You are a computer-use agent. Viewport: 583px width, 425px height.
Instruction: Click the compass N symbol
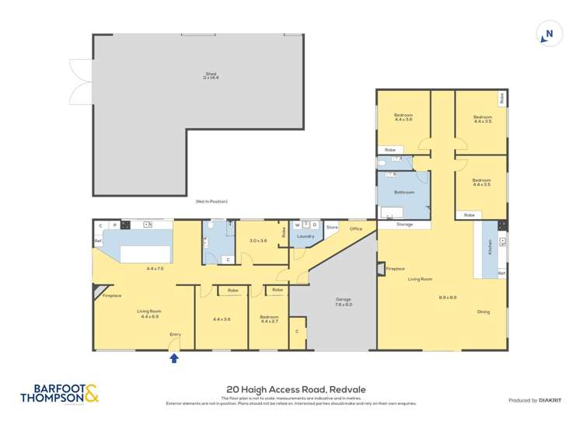[549, 34]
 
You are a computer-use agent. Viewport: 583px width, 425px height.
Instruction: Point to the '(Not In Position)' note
[211, 201]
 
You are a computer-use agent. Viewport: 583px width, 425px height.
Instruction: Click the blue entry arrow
[173, 358]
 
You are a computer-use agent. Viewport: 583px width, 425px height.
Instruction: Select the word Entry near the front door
[176, 335]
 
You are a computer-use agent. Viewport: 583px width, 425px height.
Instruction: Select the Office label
[356, 228]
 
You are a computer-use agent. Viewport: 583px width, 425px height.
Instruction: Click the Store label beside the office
[332, 227]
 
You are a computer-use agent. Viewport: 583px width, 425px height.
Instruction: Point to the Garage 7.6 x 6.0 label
[344, 301]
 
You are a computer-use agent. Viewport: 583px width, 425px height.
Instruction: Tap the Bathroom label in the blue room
[403, 192]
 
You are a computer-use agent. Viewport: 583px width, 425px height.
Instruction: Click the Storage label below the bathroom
[404, 225]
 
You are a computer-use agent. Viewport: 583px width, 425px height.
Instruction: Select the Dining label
[484, 312]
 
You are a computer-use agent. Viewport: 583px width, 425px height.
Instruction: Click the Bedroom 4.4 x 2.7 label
[269, 319]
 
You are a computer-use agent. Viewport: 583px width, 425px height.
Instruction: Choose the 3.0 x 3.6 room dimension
[258, 241]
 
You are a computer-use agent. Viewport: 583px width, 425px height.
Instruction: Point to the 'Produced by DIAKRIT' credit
[534, 400]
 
